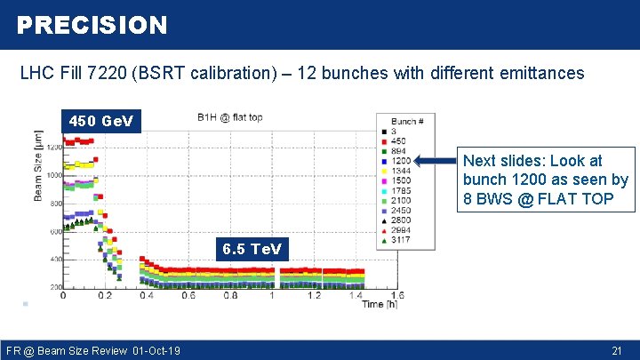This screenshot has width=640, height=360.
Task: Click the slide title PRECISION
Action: pos(92,25)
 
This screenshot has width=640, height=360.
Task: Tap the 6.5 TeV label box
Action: pos(253,249)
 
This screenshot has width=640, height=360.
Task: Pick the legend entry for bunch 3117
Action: pos(401,240)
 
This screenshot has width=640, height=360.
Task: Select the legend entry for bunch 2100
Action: pos(401,201)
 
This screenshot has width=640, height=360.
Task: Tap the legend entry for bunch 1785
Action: pos(401,191)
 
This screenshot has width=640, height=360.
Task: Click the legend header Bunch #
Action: pos(407,121)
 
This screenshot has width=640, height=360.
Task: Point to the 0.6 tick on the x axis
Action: pos(188,296)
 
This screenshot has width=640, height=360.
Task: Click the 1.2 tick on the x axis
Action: pos(314,296)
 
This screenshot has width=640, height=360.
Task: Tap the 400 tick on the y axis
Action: pos(53,260)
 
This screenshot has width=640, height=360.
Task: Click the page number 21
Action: pos(617,351)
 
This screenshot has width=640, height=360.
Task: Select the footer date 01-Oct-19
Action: pos(156,351)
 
